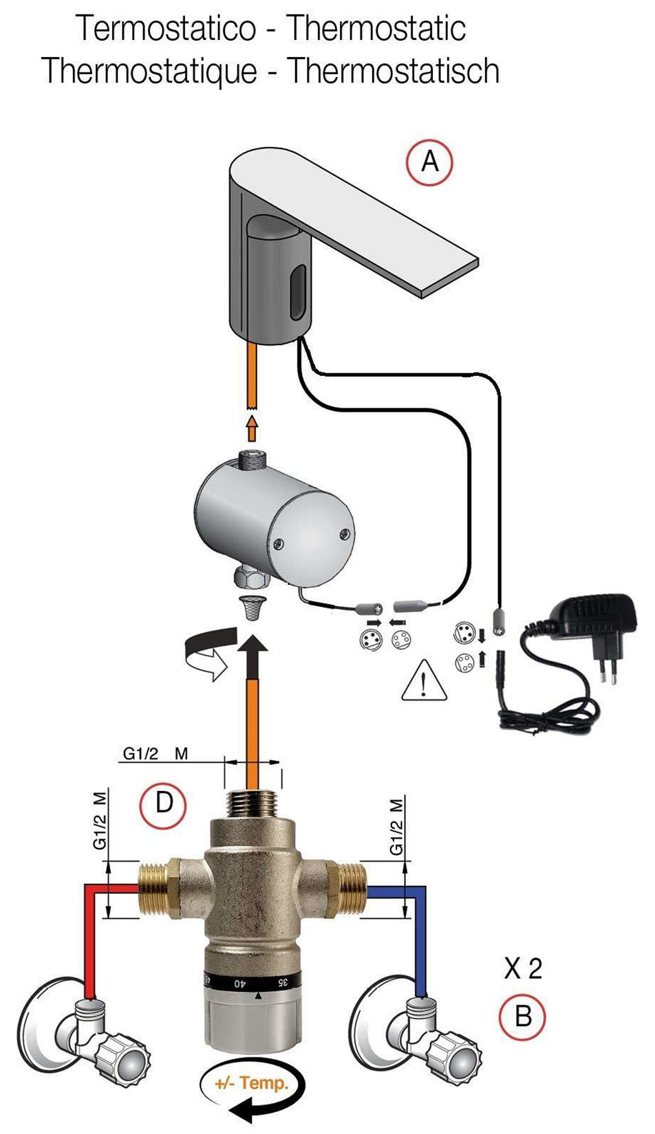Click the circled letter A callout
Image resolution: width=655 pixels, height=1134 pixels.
click(x=429, y=162)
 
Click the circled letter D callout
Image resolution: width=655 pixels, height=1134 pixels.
click(x=163, y=802)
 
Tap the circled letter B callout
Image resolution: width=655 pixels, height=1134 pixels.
click(x=523, y=1016)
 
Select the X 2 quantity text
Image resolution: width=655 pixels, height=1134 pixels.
click(x=523, y=969)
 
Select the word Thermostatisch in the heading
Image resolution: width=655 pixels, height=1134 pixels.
click(x=393, y=70)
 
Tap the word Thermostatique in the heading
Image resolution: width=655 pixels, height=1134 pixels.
click(x=149, y=70)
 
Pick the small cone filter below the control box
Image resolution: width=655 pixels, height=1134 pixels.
click(x=252, y=607)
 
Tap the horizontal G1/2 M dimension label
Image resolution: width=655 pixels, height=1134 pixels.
click(x=155, y=753)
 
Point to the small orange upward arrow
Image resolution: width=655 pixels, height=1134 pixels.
click(x=252, y=429)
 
